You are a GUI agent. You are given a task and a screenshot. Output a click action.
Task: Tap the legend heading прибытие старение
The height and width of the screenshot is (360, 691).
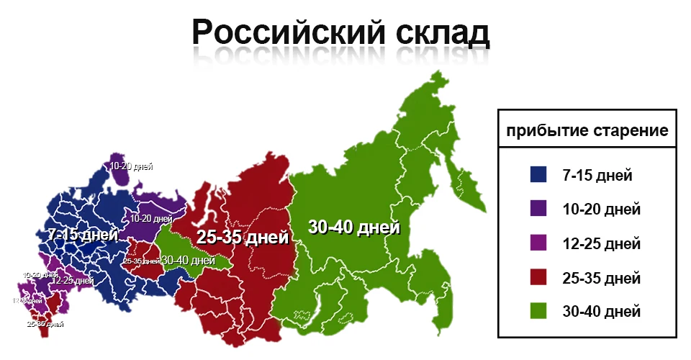(x=587, y=132)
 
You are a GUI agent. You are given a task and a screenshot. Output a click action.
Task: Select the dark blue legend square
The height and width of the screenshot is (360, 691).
(x=538, y=174)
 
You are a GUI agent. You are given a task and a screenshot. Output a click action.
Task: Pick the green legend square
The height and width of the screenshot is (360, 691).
(x=538, y=311)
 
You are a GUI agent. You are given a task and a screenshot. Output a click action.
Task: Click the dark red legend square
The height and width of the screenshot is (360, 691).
(x=538, y=277)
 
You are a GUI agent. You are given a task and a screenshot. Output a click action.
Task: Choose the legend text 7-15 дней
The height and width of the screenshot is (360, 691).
(x=597, y=175)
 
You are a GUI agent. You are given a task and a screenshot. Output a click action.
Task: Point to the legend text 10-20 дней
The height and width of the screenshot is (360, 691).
(x=601, y=210)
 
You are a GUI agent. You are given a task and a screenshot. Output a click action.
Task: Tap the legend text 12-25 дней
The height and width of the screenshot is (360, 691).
(x=601, y=243)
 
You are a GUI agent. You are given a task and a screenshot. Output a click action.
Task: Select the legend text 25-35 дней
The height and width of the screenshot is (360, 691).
(x=601, y=278)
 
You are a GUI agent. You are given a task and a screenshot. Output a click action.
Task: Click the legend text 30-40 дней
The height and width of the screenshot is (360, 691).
(x=601, y=312)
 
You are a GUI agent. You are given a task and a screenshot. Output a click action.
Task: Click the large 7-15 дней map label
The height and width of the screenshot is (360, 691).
(x=83, y=235)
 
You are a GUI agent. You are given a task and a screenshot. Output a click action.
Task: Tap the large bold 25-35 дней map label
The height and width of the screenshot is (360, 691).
(x=243, y=238)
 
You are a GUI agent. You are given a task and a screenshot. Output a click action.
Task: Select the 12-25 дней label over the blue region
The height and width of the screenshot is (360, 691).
(x=72, y=280)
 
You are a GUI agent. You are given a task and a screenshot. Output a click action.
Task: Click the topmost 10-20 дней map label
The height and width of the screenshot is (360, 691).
(x=131, y=166)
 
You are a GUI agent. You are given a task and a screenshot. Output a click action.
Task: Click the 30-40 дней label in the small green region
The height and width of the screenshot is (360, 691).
(x=188, y=260)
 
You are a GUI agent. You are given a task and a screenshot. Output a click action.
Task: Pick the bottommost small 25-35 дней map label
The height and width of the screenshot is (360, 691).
(x=45, y=324)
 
